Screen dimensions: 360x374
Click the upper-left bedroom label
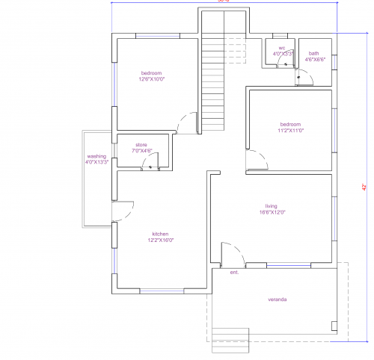tap(152, 72)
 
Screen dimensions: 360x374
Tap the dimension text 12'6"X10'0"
tap(152, 78)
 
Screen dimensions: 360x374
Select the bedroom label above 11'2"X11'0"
tap(290, 124)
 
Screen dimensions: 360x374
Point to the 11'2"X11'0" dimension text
tap(290, 130)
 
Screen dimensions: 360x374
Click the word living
tap(271, 206)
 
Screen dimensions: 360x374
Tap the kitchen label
tap(161, 233)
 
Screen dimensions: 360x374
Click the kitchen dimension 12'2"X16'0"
tap(161, 240)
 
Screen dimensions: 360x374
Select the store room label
tap(141, 144)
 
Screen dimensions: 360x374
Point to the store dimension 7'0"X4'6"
tap(141, 150)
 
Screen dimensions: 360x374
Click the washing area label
tap(97, 156)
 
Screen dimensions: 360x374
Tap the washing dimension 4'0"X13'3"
tap(97, 162)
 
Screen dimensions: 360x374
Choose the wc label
tap(281, 48)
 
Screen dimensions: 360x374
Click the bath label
tap(314, 53)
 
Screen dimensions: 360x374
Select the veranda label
tap(278, 300)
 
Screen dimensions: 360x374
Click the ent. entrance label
tap(234, 273)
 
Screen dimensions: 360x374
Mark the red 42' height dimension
tap(364, 186)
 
